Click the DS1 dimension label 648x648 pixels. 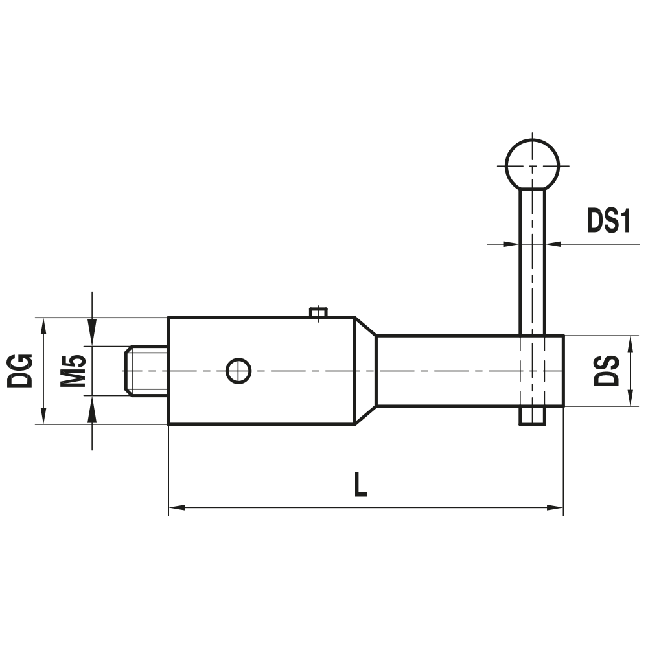pyautogui.click(x=608, y=221)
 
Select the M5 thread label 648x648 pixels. pyautogui.click(x=73, y=371)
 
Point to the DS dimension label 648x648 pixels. pyautogui.click(x=607, y=371)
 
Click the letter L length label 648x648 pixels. pyautogui.click(x=360, y=485)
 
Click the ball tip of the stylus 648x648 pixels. pyautogui.click(x=532, y=164)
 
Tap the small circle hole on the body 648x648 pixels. pyautogui.click(x=238, y=371)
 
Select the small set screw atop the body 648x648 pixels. pyautogui.click(x=318, y=313)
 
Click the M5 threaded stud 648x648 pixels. pyautogui.click(x=146, y=371)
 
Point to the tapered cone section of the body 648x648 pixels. pyautogui.click(x=365, y=371)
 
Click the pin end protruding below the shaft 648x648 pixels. pyautogui.click(x=532, y=417)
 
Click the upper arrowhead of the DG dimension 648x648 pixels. pyautogui.click(x=43, y=325)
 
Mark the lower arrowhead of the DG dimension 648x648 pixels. pyautogui.click(x=43, y=417)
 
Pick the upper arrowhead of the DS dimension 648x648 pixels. pyautogui.click(x=631, y=343)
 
